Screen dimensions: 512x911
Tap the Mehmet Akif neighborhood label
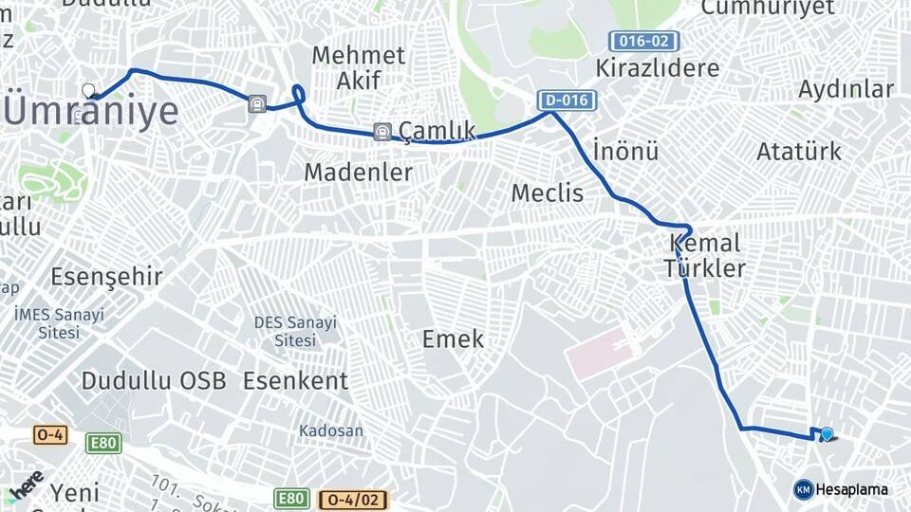358,67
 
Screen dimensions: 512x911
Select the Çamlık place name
437,130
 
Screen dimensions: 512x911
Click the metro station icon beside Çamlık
381,132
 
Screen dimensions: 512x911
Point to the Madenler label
358,173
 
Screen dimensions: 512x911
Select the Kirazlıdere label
657,68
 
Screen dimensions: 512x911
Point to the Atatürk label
799,151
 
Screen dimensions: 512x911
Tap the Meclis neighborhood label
548,193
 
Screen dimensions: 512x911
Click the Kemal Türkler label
704,255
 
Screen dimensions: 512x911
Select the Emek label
453,338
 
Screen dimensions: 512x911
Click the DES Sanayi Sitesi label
294,331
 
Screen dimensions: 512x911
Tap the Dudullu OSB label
154,381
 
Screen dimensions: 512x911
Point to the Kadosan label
331,430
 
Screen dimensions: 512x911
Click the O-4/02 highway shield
353,499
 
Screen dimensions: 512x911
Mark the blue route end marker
827,434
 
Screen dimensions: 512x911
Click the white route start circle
88,91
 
